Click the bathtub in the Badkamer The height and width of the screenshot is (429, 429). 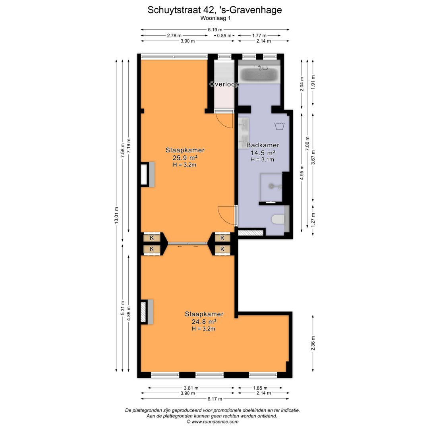pos(259,73)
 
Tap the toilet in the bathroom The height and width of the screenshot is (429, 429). pos(278,219)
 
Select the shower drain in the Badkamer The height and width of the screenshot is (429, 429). pos(271,186)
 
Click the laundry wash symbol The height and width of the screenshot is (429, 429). pos(279,126)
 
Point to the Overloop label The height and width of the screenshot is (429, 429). pos(224,84)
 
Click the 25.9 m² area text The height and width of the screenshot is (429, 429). pos(185,158)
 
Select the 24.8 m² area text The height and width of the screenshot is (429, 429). pos(204,321)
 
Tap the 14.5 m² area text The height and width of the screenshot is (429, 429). pos(263,153)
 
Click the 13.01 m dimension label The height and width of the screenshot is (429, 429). pos(116,215)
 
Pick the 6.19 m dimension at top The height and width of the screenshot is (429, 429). pos(215,29)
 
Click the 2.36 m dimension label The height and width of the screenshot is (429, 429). pos(313,343)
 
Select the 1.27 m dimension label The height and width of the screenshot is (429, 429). pos(313,219)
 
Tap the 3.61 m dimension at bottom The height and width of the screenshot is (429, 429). pos(191,388)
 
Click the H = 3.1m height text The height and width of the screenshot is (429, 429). pos(263,160)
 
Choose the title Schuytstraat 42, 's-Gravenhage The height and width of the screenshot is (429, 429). pos(214,10)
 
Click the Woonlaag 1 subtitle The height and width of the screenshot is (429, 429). pos(215,18)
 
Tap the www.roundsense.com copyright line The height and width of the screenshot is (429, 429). pos(213,421)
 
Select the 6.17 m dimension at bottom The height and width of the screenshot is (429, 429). pos(215,399)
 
